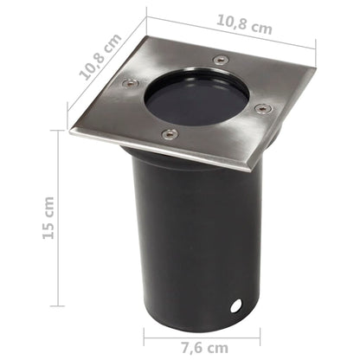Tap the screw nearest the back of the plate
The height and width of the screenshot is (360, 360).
222,61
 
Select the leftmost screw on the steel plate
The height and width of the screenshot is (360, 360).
131,84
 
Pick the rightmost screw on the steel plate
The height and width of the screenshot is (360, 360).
261,109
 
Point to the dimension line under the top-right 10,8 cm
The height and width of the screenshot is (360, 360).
229,32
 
